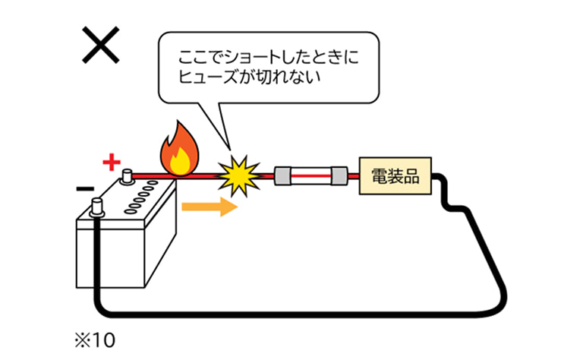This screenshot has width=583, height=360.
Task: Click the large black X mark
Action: click(101, 46)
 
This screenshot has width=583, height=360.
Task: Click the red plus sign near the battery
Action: click(112, 162)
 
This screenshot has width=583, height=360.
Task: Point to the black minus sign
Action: click(85, 188)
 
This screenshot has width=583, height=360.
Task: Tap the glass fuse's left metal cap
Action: click(282, 177)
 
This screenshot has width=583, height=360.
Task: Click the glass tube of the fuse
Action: click(311, 177)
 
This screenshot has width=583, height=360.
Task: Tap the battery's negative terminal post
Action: click(96, 205)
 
